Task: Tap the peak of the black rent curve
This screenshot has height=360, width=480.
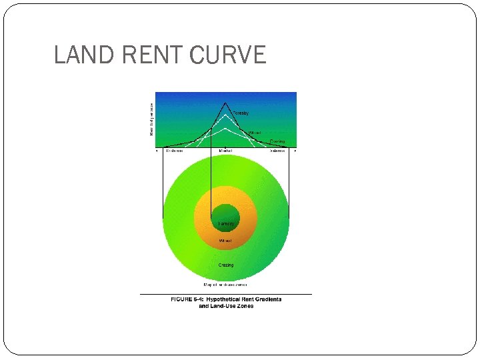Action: click(225, 103)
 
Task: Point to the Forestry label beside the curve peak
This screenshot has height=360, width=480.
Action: click(241, 113)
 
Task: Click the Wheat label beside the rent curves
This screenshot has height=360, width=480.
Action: click(255, 133)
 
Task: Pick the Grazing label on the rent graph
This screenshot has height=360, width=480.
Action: click(277, 141)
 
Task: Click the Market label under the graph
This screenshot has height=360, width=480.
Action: click(226, 151)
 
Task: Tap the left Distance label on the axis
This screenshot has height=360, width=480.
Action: click(175, 151)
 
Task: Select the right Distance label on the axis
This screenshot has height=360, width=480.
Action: click(277, 151)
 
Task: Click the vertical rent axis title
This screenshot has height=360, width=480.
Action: click(151, 118)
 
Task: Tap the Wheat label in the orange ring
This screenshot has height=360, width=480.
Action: click(225, 240)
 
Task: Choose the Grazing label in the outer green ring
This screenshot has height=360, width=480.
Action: click(226, 265)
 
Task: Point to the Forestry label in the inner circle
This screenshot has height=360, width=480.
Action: click(226, 223)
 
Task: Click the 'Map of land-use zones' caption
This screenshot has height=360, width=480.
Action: click(225, 285)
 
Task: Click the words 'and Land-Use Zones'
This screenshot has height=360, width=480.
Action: click(226, 306)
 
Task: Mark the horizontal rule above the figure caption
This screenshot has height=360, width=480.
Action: click(225, 294)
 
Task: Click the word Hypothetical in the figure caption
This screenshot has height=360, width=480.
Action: click(225, 299)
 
